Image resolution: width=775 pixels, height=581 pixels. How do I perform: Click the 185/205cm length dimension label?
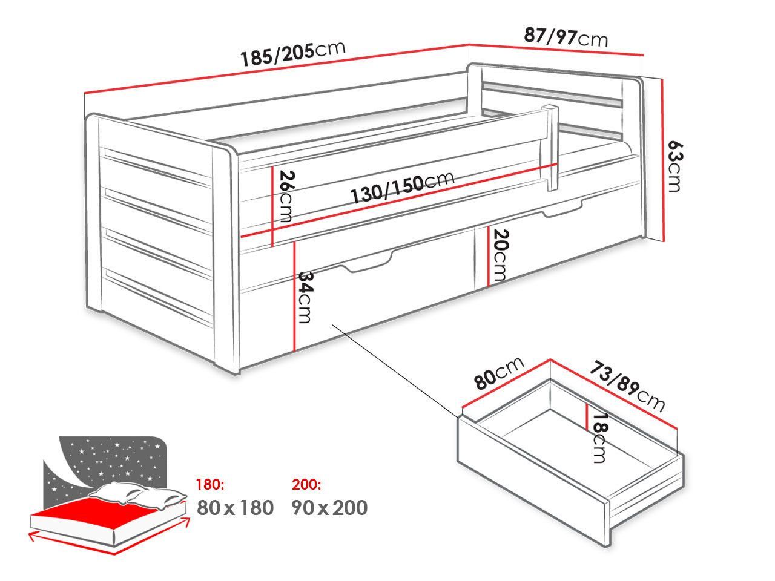(292, 54)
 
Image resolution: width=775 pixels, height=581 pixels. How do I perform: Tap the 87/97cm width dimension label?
(566, 38)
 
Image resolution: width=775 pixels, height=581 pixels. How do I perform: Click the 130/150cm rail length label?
(402, 188)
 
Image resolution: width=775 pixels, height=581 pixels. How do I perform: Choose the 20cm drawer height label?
(500, 255)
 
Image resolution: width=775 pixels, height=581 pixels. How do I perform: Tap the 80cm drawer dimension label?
(498, 373)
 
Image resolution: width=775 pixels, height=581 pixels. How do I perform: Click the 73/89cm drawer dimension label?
(627, 386)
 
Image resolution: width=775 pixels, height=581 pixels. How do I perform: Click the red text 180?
(210, 484)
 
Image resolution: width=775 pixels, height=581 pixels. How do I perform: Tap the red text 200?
(306, 484)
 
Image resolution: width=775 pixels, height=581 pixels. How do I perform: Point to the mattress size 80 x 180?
(235, 508)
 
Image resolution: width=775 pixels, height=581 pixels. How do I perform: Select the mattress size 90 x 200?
(329, 508)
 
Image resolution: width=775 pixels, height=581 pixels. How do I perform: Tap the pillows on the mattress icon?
(137, 494)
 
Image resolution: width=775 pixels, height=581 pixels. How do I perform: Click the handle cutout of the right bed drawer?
(562, 209)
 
